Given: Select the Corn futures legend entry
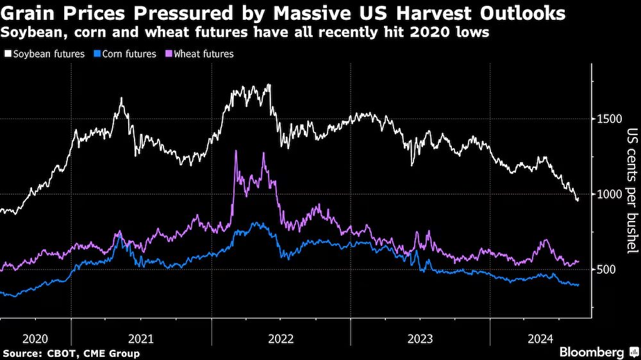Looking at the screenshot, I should [x=127, y=54].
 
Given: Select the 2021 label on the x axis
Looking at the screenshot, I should [x=141, y=338].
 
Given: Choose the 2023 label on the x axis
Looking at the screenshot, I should [x=420, y=338].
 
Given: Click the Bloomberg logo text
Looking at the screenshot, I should [x=592, y=352].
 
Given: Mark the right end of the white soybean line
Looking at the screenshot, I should [x=578, y=199].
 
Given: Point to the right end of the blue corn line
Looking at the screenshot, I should [x=579, y=285].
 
